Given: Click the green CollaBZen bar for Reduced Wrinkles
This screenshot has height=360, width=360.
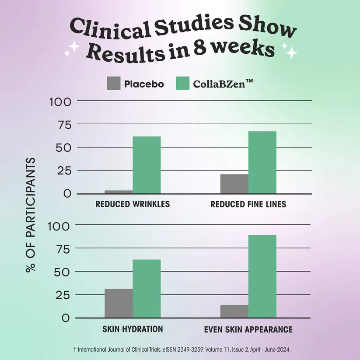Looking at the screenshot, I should tap(147, 165).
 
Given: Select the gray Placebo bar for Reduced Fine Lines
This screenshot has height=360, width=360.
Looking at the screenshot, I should tap(234, 184).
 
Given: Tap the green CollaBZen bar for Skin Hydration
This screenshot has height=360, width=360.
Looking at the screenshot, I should tap(147, 288).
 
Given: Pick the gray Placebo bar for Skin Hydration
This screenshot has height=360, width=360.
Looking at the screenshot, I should tap(119, 303).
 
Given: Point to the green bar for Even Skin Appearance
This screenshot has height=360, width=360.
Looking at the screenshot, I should tap(262, 276).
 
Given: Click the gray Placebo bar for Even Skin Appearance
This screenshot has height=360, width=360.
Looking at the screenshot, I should tap(234, 311).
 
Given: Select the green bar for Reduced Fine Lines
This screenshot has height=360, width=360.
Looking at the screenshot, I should tap(262, 162).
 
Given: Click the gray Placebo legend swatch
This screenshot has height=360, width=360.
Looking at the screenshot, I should tap(113, 84).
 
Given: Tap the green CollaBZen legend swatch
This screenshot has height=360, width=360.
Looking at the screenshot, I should tap(182, 84).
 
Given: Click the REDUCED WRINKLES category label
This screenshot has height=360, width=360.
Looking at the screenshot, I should tap(133, 204).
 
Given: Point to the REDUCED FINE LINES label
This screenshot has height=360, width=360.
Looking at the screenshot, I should tap(248, 204).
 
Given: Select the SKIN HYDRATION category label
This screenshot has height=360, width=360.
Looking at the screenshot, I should tap(133, 329).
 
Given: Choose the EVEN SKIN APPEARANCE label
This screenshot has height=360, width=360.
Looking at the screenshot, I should tap(248, 329).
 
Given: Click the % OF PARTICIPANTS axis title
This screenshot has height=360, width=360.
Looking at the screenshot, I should tap(30, 214).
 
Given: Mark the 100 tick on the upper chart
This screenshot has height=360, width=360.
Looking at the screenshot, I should tap(61, 101).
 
